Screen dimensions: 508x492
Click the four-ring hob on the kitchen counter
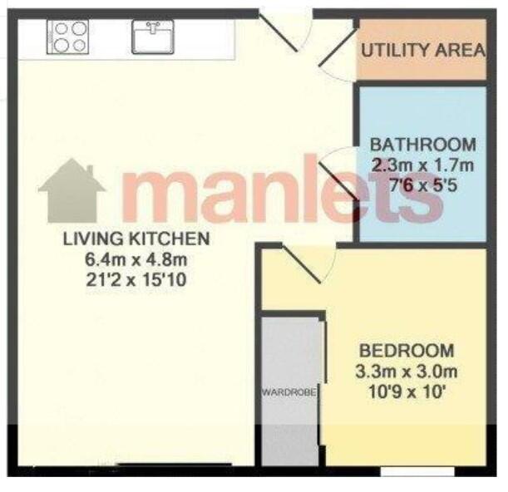tap(67, 37)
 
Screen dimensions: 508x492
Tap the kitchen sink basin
tap(153, 37)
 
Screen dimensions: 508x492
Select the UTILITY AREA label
tap(423, 50)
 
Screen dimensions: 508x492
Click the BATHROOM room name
tap(423, 145)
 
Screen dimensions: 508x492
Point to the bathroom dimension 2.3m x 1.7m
tap(422, 166)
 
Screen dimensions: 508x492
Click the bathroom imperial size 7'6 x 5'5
tap(423, 186)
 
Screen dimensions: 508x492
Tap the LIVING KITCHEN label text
tap(136, 239)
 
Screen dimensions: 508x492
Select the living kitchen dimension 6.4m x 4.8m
tap(136, 259)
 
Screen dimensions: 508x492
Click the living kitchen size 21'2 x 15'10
tap(136, 280)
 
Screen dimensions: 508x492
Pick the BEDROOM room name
tap(407, 351)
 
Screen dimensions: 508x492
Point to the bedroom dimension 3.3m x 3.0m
tap(407, 371)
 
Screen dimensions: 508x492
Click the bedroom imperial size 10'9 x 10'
tap(406, 392)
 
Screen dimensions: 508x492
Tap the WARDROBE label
tap(289, 393)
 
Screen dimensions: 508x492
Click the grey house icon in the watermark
tap(72, 190)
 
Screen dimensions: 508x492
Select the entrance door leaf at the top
tap(279, 32)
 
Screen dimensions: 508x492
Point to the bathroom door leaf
tap(338, 180)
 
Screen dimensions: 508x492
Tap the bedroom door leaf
tap(302, 263)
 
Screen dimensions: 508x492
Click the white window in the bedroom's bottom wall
tap(417, 471)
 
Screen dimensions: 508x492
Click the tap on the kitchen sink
tap(152, 27)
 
